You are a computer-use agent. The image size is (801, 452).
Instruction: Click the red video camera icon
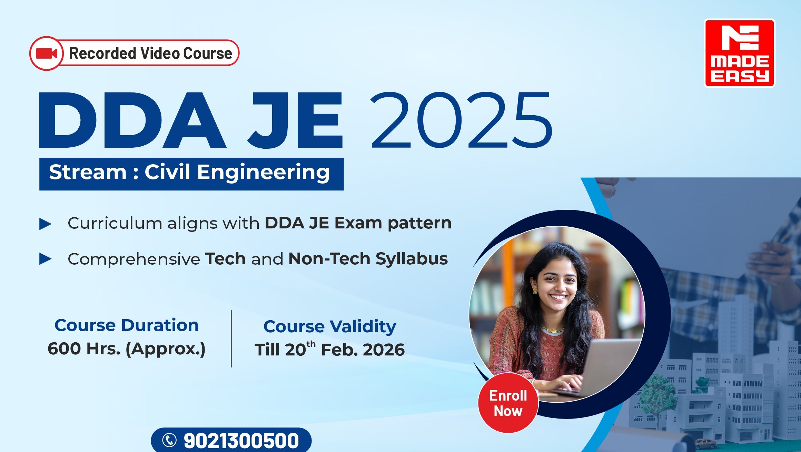coord(47,53)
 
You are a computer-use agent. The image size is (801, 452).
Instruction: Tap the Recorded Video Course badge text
coord(151,53)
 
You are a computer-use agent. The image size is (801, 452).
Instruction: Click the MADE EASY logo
coord(739,53)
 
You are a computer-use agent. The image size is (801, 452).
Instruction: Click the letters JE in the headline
coord(295,120)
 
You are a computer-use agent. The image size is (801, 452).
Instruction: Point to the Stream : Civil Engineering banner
coord(191,174)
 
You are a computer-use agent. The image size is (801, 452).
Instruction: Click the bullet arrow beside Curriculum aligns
coord(46,224)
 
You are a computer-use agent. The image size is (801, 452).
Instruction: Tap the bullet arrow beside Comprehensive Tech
coord(46,259)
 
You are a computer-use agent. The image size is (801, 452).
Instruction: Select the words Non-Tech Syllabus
coord(368,259)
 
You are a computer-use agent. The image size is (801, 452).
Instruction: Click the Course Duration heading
coord(127,325)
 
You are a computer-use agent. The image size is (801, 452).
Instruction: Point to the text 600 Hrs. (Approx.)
coord(127,349)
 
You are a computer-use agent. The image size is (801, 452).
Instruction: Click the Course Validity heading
coord(330,327)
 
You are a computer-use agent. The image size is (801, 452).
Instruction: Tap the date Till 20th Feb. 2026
coord(330,349)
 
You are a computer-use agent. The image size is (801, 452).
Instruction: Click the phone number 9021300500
coord(241,441)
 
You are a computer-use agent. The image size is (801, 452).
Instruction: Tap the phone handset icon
coord(169,440)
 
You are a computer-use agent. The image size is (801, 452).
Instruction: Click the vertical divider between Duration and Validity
coord(231,338)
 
